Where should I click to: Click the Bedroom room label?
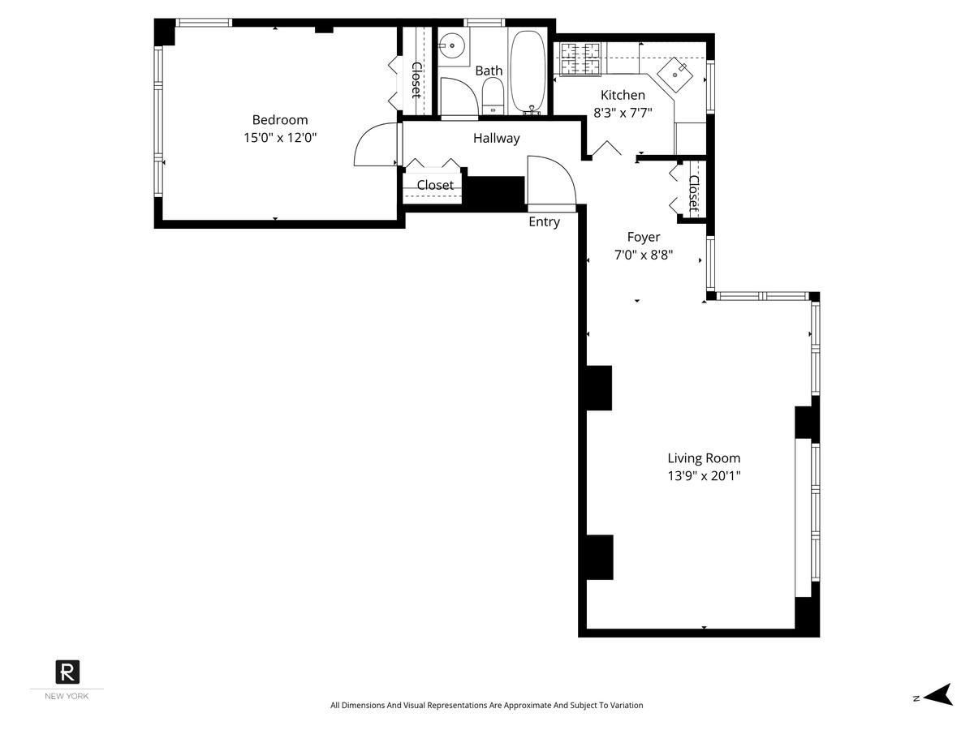pyautogui.click(x=279, y=120)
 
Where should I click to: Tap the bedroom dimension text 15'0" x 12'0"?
pyautogui.click(x=279, y=137)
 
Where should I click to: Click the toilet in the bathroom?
pyautogui.click(x=493, y=97)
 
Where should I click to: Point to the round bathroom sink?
pyautogui.click(x=451, y=45)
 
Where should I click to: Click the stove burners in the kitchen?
pyautogui.click(x=580, y=59)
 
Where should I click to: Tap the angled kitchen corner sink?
pyautogui.click(x=674, y=75)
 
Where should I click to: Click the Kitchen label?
pyautogui.click(x=623, y=95)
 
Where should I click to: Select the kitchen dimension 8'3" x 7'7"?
pyautogui.click(x=623, y=113)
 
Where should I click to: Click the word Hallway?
pyautogui.click(x=496, y=138)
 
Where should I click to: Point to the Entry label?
pyautogui.click(x=544, y=221)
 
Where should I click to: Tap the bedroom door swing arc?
pyautogui.click(x=364, y=136)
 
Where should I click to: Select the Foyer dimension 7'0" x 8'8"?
pyautogui.click(x=644, y=255)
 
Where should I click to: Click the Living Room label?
pyautogui.click(x=704, y=457)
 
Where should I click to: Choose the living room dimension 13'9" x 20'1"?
pyautogui.click(x=704, y=476)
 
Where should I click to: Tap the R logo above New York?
pyautogui.click(x=67, y=672)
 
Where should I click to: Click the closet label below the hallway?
pyautogui.click(x=435, y=185)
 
